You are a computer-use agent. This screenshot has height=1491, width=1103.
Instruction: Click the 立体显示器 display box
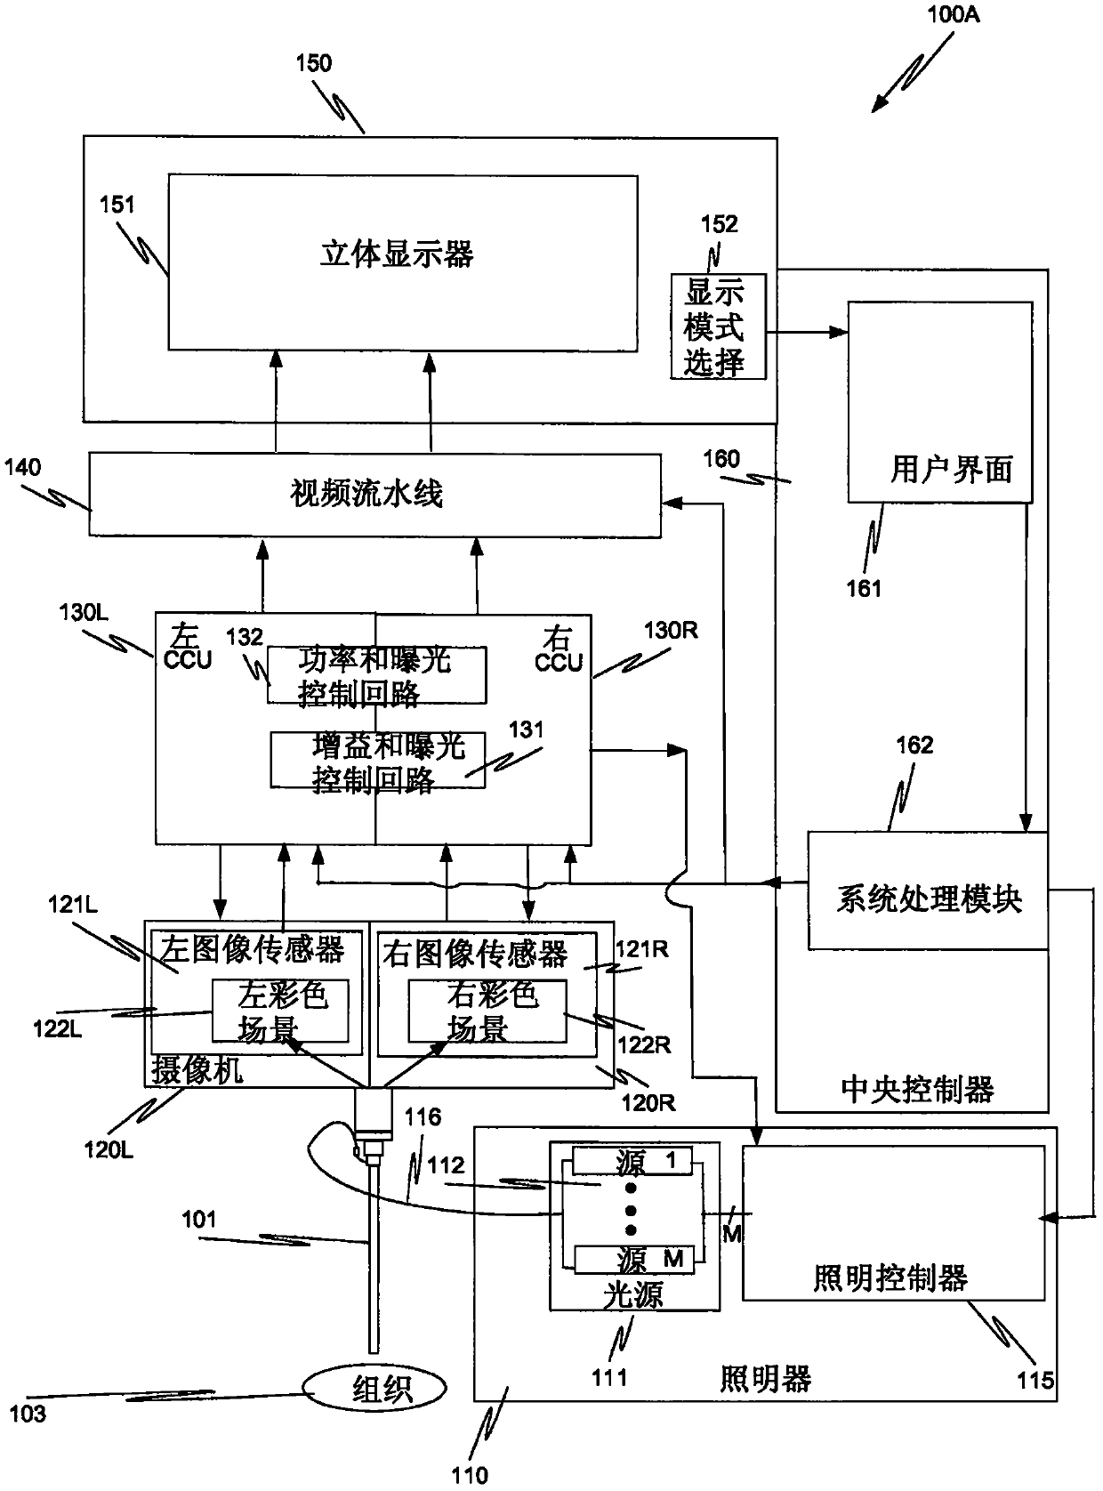coord(403,262)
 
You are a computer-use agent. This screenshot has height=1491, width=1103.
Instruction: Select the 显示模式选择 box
coord(718,326)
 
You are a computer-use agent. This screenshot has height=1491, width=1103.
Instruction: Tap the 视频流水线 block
coord(374,495)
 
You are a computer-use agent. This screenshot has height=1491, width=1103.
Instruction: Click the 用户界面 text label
coord(951,469)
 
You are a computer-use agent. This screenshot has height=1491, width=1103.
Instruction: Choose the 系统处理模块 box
coord(928,891)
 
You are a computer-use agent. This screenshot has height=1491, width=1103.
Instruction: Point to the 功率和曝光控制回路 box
coord(376,675)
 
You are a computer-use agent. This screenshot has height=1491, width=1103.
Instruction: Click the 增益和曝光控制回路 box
coord(378,760)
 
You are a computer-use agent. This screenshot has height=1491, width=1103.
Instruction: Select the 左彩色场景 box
coord(280,1011)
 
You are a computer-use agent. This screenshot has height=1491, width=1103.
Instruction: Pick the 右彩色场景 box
coord(487,1011)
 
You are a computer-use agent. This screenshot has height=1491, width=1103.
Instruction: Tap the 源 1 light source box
coord(632,1161)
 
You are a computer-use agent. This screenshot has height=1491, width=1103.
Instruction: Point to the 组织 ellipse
coord(374,1388)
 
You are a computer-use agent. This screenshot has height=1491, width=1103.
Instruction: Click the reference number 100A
coord(953,14)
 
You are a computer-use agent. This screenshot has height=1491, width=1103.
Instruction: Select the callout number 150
coord(313,63)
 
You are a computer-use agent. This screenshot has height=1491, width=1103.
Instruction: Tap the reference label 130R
coord(671,630)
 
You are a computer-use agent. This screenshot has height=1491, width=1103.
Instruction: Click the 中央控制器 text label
coord(917,1089)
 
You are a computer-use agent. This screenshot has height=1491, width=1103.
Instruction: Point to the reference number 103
coord(28,1413)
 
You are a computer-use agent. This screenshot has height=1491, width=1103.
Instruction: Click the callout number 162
coord(914,745)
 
